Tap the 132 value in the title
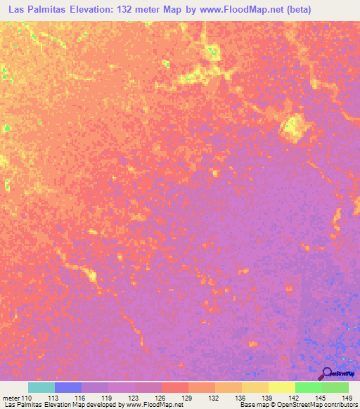[x=137, y=10]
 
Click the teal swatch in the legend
[x=41, y=387]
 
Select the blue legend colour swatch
[x=68, y=387]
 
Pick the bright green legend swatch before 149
[x=309, y=387]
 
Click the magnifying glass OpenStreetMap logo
[x=327, y=373]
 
